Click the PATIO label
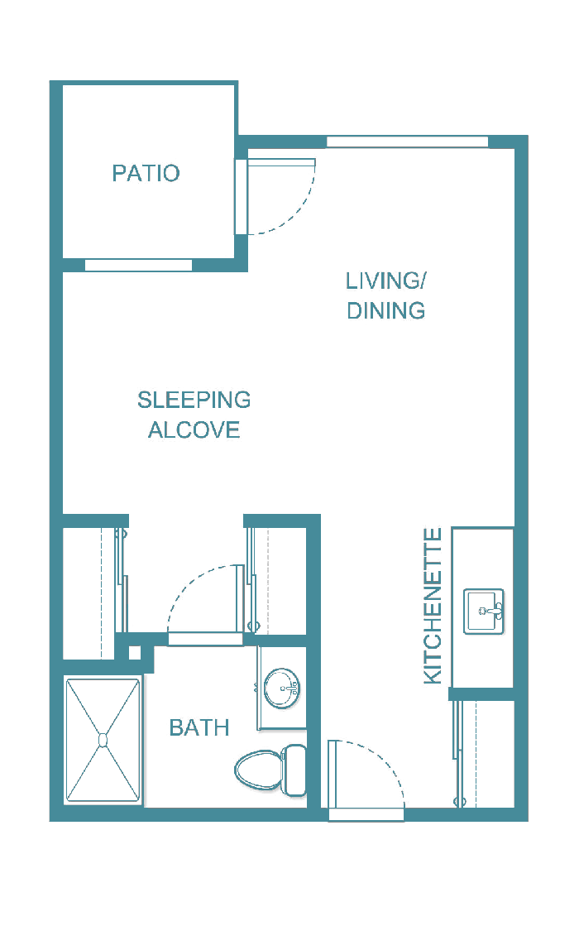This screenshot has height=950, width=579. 146,173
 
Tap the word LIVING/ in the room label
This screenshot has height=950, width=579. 385,281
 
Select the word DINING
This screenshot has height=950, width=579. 385,311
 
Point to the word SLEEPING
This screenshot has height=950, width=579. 194,401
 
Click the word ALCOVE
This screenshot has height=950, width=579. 194,430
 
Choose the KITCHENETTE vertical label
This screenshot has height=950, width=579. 433,606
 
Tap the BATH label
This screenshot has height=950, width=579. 199,728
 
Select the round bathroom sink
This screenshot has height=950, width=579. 281,689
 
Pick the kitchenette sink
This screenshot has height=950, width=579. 483,612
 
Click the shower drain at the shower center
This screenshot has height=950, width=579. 103,740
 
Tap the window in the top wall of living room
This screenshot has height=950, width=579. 407,142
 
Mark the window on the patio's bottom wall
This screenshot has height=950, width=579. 138,266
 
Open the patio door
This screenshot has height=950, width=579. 242,197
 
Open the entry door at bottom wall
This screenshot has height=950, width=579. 366,814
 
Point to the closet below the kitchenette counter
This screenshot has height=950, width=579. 486,753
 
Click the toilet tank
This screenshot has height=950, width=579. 294,769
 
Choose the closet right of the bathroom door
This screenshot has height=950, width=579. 280,579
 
